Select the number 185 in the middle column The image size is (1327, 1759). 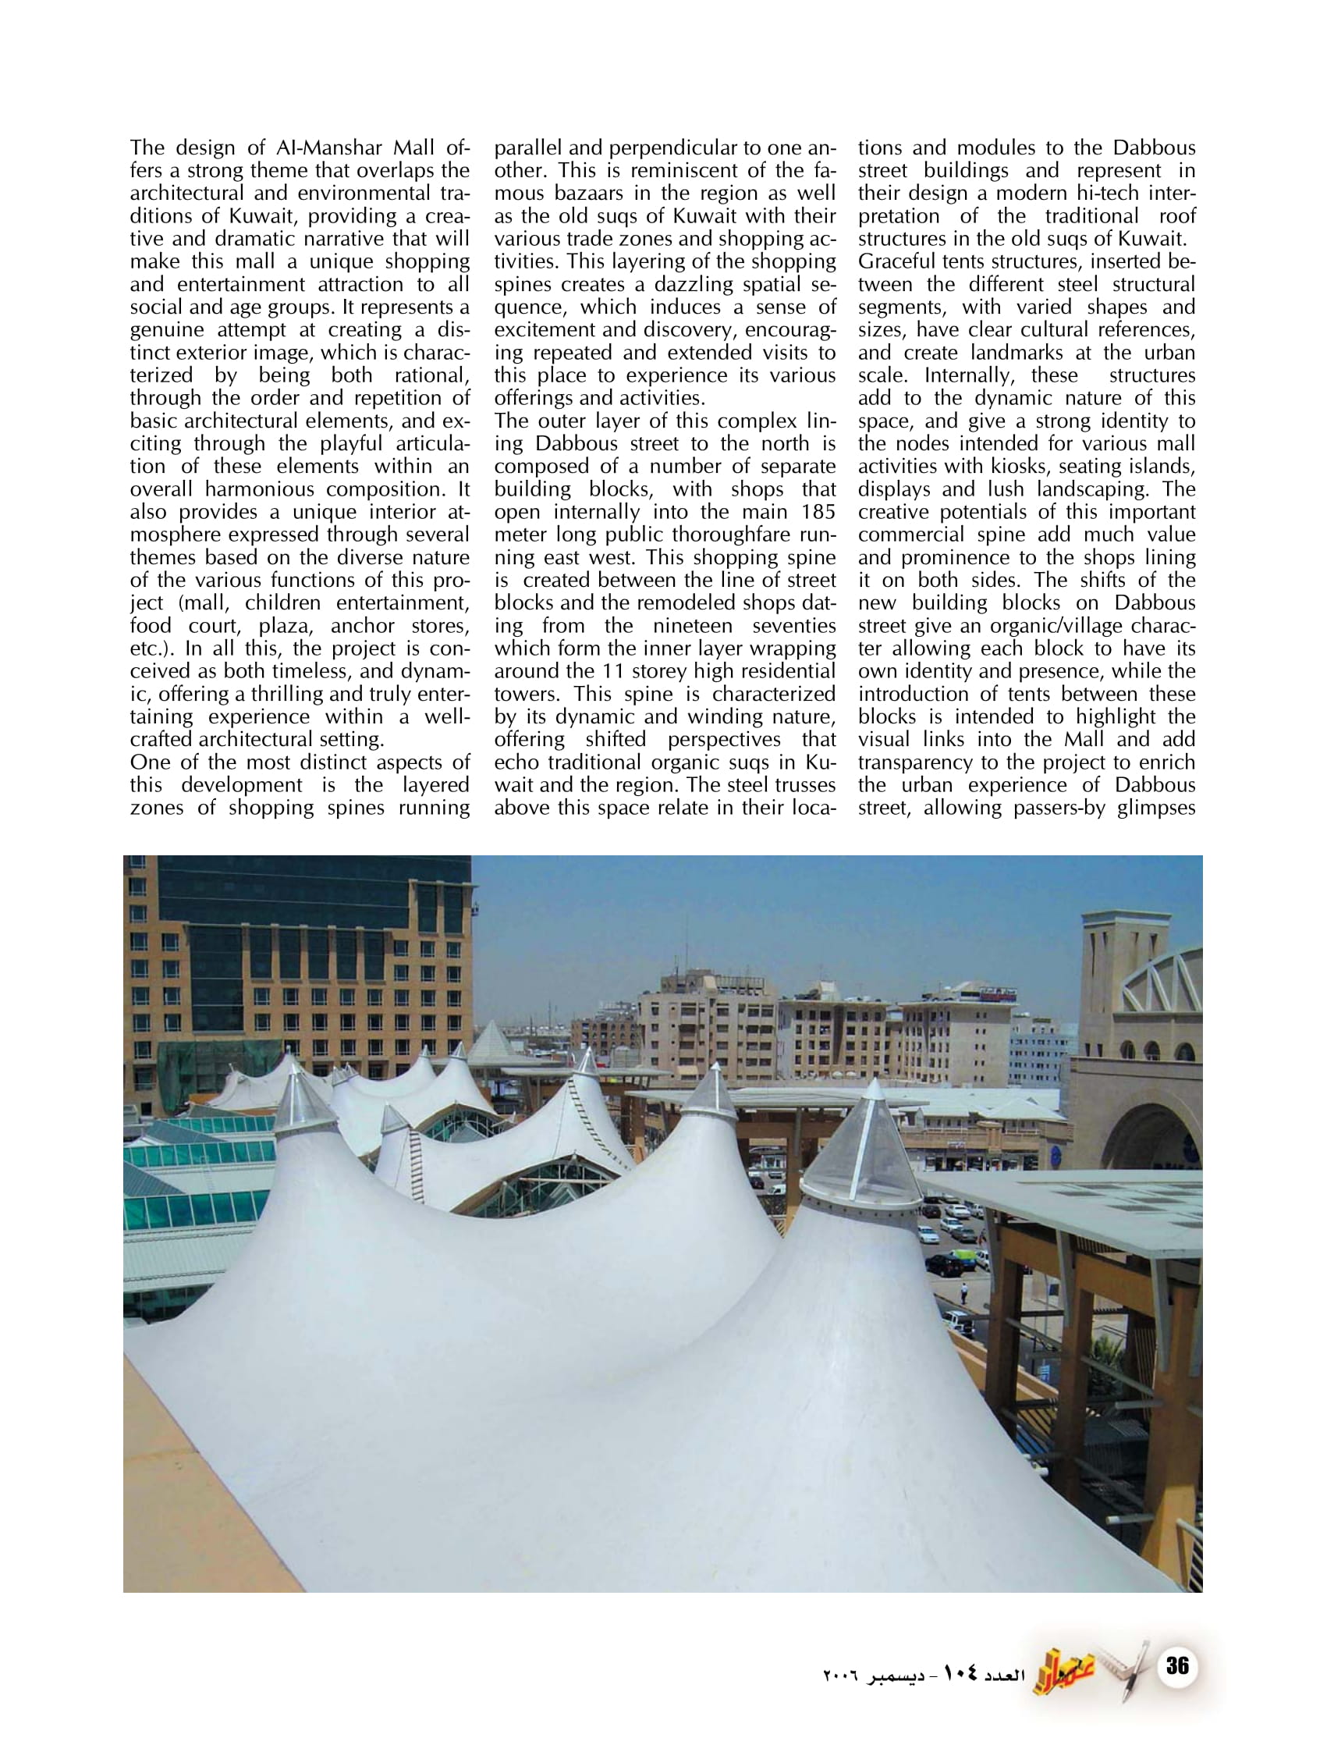click(x=818, y=511)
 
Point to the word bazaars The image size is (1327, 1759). click(x=589, y=194)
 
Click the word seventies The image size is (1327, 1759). click(x=793, y=626)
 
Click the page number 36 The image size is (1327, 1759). click(x=1176, y=1665)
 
